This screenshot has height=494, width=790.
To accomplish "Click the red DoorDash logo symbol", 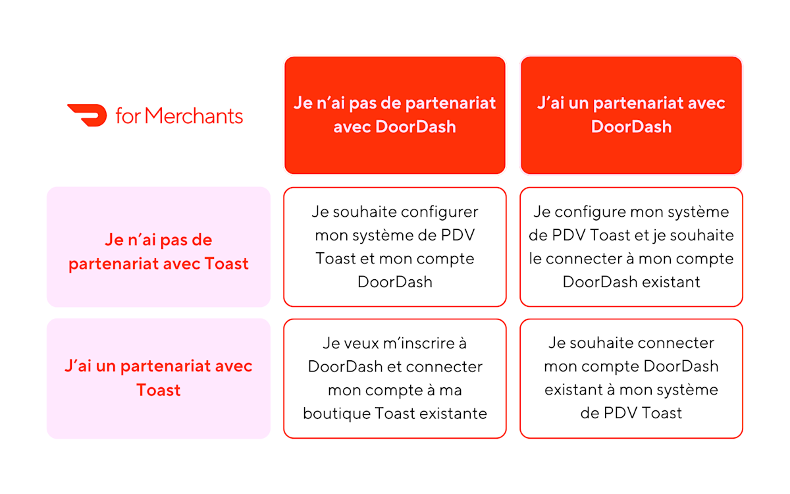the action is (87, 115).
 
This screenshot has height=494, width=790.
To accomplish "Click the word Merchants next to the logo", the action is (194, 116).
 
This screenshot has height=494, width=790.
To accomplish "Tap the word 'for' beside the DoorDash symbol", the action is (128, 117).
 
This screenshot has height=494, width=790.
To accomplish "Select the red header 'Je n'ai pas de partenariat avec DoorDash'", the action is (394, 115).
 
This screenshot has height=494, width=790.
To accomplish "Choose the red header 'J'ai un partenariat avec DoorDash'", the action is (631, 115).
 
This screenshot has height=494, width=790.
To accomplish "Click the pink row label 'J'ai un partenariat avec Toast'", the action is (158, 378).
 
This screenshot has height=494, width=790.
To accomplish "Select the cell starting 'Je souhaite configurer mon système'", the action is (394, 247).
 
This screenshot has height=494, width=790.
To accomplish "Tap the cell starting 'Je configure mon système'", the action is (631, 247).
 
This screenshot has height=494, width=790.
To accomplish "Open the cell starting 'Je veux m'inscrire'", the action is (394, 378).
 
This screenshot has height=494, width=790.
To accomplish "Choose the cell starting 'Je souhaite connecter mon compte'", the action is (631, 378).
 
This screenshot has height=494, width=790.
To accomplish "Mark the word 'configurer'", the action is (440, 213).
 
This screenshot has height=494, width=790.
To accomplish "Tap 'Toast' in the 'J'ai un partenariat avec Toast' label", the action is (158, 390).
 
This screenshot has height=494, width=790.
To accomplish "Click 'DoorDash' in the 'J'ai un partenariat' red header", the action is (631, 127).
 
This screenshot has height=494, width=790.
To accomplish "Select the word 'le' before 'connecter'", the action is (536, 259).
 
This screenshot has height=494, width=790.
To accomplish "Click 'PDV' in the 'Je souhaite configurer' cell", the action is (457, 236).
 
